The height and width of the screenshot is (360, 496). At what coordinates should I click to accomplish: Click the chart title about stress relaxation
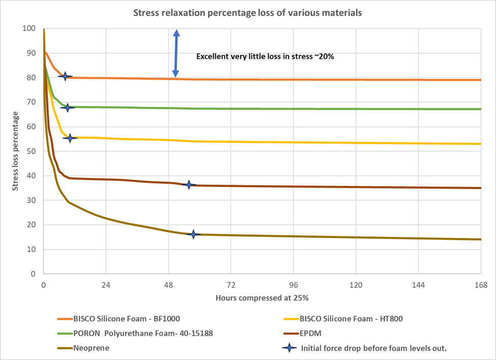[x=248, y=13]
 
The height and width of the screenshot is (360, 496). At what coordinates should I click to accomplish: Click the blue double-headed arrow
[x=176, y=53]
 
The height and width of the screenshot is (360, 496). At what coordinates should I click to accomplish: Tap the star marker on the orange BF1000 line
[x=65, y=76]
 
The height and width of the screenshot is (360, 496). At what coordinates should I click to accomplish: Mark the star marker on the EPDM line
[x=189, y=185]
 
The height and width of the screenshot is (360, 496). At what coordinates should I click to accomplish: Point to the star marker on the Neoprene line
[x=193, y=234]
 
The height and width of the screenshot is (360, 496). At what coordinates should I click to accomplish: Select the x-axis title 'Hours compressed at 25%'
[x=262, y=297]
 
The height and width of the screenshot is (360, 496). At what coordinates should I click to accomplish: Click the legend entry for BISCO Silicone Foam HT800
[x=351, y=319]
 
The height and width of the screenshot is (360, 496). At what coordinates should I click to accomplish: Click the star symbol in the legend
[x=289, y=348]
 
